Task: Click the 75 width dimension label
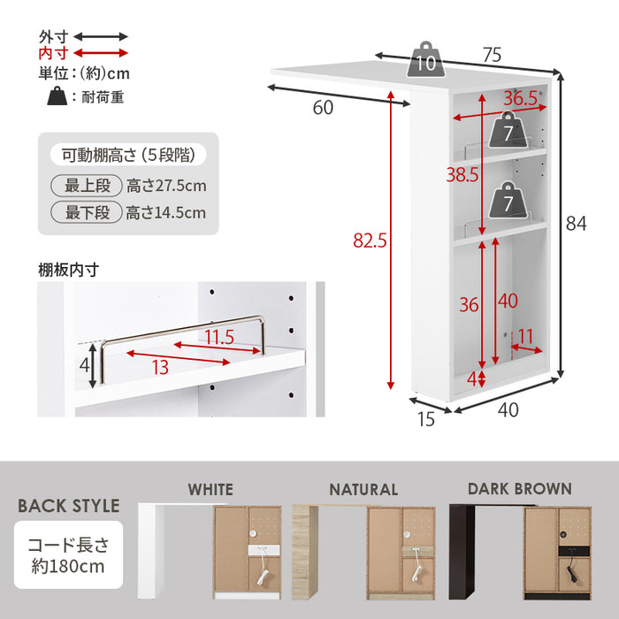[x=492, y=55]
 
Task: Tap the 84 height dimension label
[x=576, y=224]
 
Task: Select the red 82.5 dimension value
[x=370, y=241]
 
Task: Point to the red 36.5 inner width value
[x=520, y=98]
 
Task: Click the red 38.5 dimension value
[x=462, y=174]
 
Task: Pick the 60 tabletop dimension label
[x=323, y=107]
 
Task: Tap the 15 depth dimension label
[x=426, y=419]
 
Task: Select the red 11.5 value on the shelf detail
[x=219, y=337]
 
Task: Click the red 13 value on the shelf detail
[x=160, y=368]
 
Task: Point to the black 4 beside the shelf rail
[x=85, y=365]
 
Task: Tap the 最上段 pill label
[x=87, y=186]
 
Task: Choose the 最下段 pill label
[x=87, y=212]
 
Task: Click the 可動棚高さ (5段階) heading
[x=128, y=155]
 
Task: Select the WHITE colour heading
[x=210, y=490]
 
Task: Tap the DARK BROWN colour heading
[x=520, y=489]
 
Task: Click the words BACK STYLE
[x=69, y=506]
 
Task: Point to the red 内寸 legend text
[x=54, y=53]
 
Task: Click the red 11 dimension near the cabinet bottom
[x=525, y=337]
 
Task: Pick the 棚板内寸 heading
[x=68, y=270]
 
